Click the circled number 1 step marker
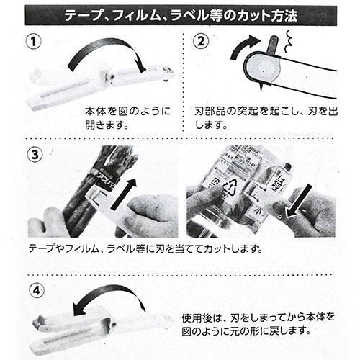pyautogui.click(x=34, y=42)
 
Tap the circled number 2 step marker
pyautogui.click(x=201, y=41)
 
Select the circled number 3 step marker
pyautogui.click(x=35, y=155)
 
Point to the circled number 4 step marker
pyautogui.click(x=37, y=291)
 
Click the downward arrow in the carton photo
pyautogui.click(x=299, y=202)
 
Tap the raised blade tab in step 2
pyautogui.click(x=274, y=47)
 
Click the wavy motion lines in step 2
pyautogui.click(x=288, y=41)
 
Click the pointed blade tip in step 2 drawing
pyautogui.click(x=261, y=89)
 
